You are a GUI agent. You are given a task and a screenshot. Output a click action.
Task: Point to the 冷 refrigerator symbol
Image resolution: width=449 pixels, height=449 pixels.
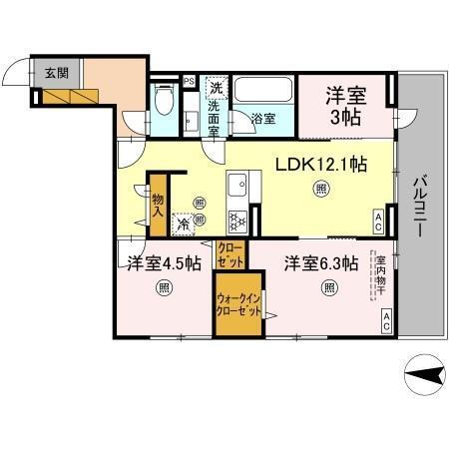[184, 225]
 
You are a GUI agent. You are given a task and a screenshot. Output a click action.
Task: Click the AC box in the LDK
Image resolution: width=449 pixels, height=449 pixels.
[379, 221]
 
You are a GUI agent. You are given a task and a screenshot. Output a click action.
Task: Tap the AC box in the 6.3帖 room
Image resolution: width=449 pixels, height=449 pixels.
[385, 320]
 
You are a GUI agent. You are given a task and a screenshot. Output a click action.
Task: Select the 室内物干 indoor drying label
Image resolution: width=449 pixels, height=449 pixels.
[380, 276]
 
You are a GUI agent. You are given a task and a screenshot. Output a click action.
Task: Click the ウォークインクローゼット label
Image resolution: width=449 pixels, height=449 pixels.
[239, 303]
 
